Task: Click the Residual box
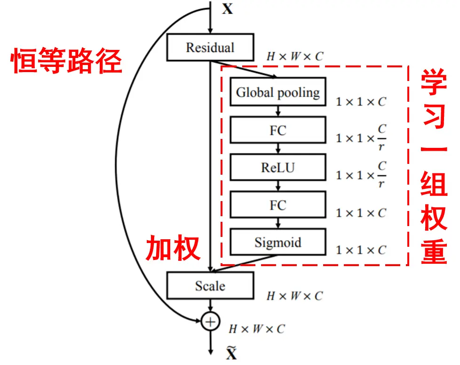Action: (210, 48)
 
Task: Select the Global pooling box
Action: (278, 92)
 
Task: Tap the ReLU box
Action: (278, 168)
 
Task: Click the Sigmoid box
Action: (278, 243)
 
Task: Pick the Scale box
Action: (210, 286)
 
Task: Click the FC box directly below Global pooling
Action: (278, 130)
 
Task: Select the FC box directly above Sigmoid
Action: (278, 205)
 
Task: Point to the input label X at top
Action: (227, 9)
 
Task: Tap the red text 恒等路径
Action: (66, 61)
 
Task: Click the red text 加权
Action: (173, 249)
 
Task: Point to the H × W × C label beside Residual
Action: (295, 57)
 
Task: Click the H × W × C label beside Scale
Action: (295, 296)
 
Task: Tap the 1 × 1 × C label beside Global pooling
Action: (361, 102)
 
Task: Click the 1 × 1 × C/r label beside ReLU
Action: (361, 175)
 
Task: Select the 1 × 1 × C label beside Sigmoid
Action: (361, 250)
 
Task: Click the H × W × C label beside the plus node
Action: (257, 329)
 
